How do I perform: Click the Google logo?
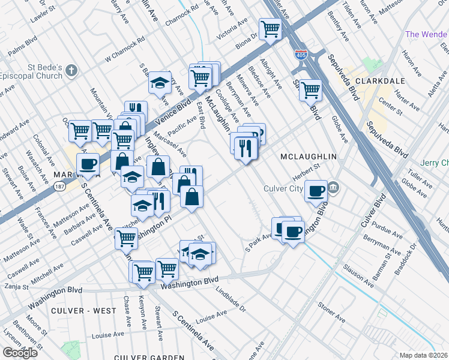tap(20, 353)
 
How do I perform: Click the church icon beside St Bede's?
tap(71, 71)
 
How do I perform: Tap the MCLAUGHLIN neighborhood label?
tap(308, 157)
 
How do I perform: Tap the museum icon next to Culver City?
tap(334, 188)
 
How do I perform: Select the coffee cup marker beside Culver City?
tap(316, 191)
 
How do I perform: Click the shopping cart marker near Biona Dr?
tap(270, 28)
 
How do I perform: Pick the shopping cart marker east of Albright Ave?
tap(310, 90)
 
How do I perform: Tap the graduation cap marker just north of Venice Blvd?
tap(160, 82)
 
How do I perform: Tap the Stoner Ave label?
tap(331, 312)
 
